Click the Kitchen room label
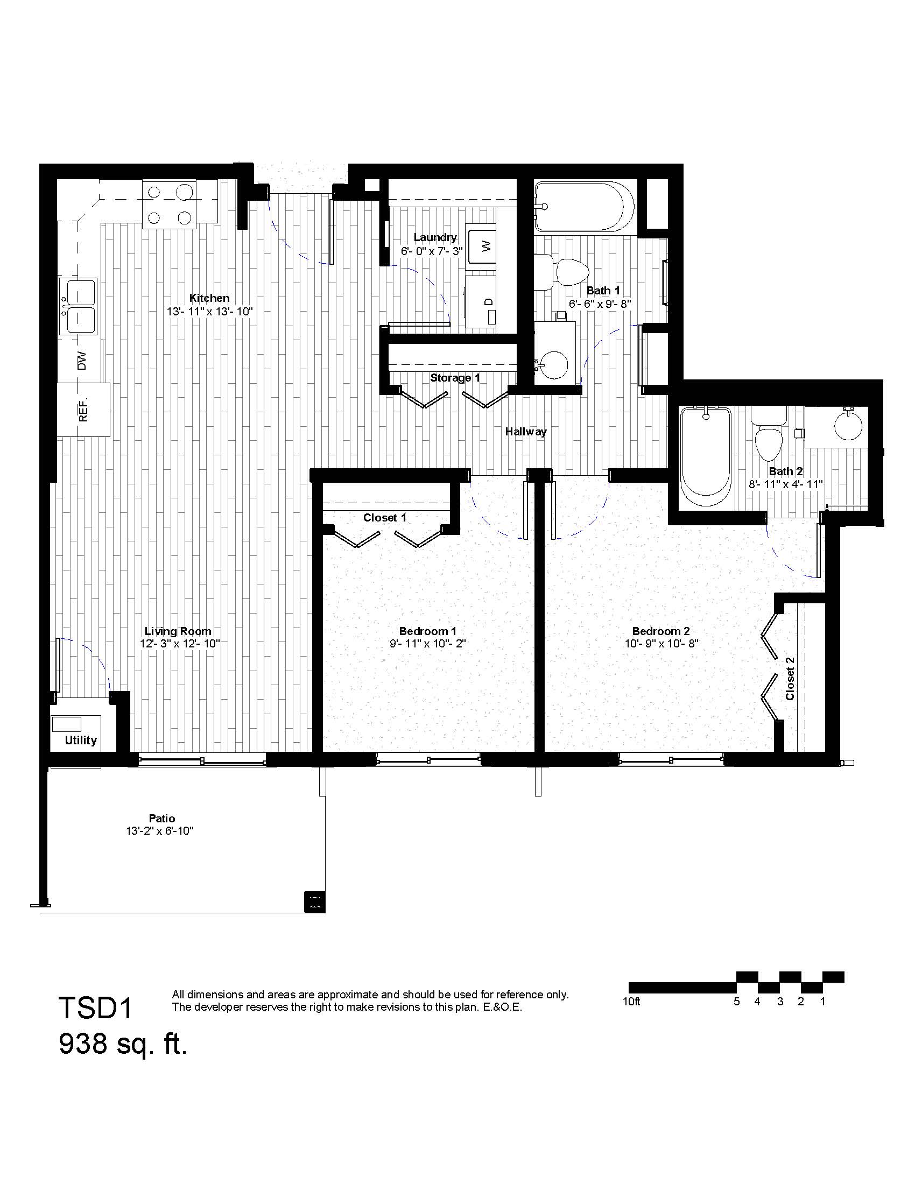(209, 298)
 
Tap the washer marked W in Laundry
(482, 246)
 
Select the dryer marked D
(481, 301)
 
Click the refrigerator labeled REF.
(83, 410)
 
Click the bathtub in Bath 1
(584, 207)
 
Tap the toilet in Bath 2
(768, 432)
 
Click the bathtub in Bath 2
(705, 457)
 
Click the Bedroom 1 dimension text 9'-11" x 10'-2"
(428, 644)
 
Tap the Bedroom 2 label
(661, 631)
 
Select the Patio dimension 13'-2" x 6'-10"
(160, 831)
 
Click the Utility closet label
(81, 741)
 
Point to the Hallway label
(526, 432)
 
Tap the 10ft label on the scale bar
(631, 1002)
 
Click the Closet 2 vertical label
(790, 678)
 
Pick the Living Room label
(178, 631)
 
